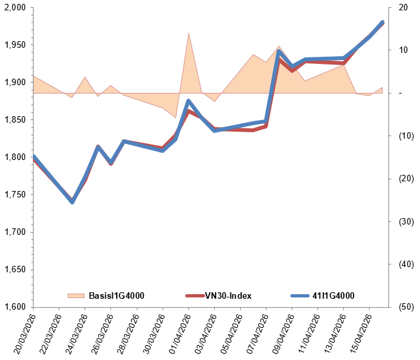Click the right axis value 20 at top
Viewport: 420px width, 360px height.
(403, 8)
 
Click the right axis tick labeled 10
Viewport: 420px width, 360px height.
(403, 50)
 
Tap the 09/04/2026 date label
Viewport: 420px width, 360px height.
(281, 332)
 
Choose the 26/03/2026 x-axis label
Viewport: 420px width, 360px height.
(99, 332)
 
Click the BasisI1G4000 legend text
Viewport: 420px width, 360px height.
(116, 296)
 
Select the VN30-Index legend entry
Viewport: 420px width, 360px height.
(228, 296)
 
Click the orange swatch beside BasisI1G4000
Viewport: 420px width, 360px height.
(76, 296)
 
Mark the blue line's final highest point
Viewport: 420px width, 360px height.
(383, 23)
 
